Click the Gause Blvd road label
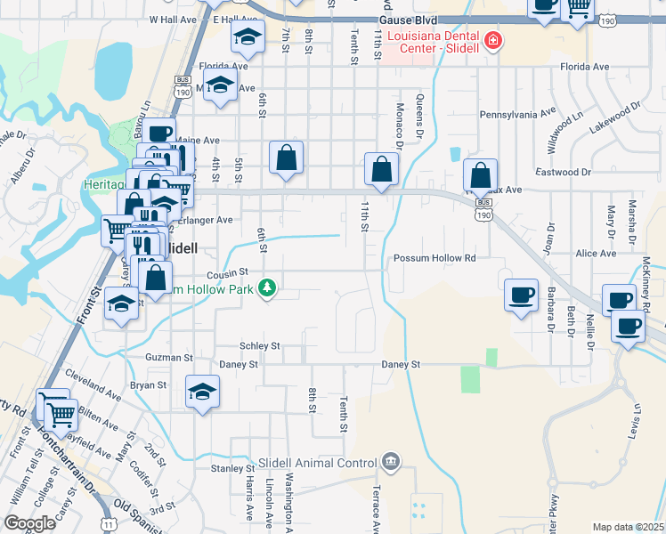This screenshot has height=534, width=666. click(x=409, y=18)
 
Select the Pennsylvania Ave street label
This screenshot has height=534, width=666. click(x=517, y=115)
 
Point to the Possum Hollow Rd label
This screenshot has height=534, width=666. click(x=435, y=257)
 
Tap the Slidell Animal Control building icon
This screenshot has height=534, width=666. click(x=390, y=462)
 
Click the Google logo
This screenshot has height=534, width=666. click(x=29, y=522)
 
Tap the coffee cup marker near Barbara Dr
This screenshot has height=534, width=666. click(x=522, y=295)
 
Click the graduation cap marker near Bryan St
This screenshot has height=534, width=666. click(x=202, y=391)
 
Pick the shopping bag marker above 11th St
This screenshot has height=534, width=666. click(x=381, y=169)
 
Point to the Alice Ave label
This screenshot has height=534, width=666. click(x=597, y=253)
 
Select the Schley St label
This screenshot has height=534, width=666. click(x=259, y=345)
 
